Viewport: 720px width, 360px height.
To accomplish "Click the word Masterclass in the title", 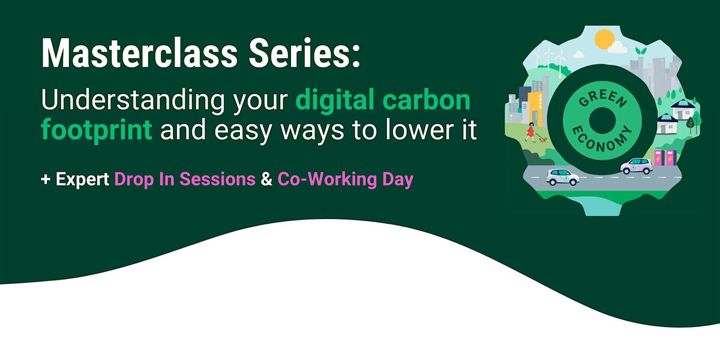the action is click(139, 53).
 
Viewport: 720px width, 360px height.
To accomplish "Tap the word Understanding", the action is click(133, 100).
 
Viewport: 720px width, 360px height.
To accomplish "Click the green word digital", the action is click(335, 100).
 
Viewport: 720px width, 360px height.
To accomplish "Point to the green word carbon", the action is click(427, 100).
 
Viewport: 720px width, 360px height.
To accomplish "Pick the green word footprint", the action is click(97, 130).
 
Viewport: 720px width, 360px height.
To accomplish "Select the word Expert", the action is click(82, 179).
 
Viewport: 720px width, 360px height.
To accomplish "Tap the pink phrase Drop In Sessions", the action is click(185, 179).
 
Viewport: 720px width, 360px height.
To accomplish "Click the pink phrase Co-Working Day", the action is click(346, 179).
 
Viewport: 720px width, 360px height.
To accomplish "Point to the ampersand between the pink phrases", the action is click(266, 179).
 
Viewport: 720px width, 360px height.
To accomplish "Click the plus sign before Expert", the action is click(46, 179).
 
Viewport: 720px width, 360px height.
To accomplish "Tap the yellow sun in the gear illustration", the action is click(605, 40).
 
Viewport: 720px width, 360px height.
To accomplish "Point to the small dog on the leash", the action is click(543, 140).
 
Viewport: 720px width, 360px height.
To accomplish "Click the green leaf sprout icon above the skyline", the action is click(641, 51).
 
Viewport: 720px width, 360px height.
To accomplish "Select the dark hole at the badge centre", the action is click(602, 121).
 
